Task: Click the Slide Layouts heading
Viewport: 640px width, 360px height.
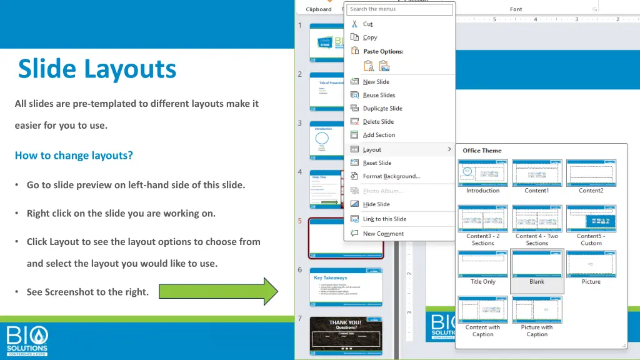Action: click(97, 69)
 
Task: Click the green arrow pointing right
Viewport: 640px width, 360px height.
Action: click(218, 291)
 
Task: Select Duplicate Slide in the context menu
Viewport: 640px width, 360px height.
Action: click(382, 109)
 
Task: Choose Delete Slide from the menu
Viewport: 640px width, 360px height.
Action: click(378, 122)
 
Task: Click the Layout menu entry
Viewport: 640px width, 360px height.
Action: click(372, 150)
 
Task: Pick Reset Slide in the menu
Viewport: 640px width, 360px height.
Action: click(377, 163)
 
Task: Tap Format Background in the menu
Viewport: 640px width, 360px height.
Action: click(391, 176)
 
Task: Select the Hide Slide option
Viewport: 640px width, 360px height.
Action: click(376, 204)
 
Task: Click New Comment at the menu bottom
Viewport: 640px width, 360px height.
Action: click(383, 234)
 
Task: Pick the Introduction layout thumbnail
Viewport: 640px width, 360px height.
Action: click(483, 173)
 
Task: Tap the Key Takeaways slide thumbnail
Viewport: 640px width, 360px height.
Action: click(347, 287)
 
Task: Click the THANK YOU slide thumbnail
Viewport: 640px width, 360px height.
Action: click(346, 335)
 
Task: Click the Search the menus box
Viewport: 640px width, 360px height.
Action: click(399, 9)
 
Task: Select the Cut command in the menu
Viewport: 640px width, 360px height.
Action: click(367, 24)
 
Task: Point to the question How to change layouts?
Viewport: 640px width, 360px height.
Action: click(74, 156)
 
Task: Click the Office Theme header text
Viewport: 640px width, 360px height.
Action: click(482, 151)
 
